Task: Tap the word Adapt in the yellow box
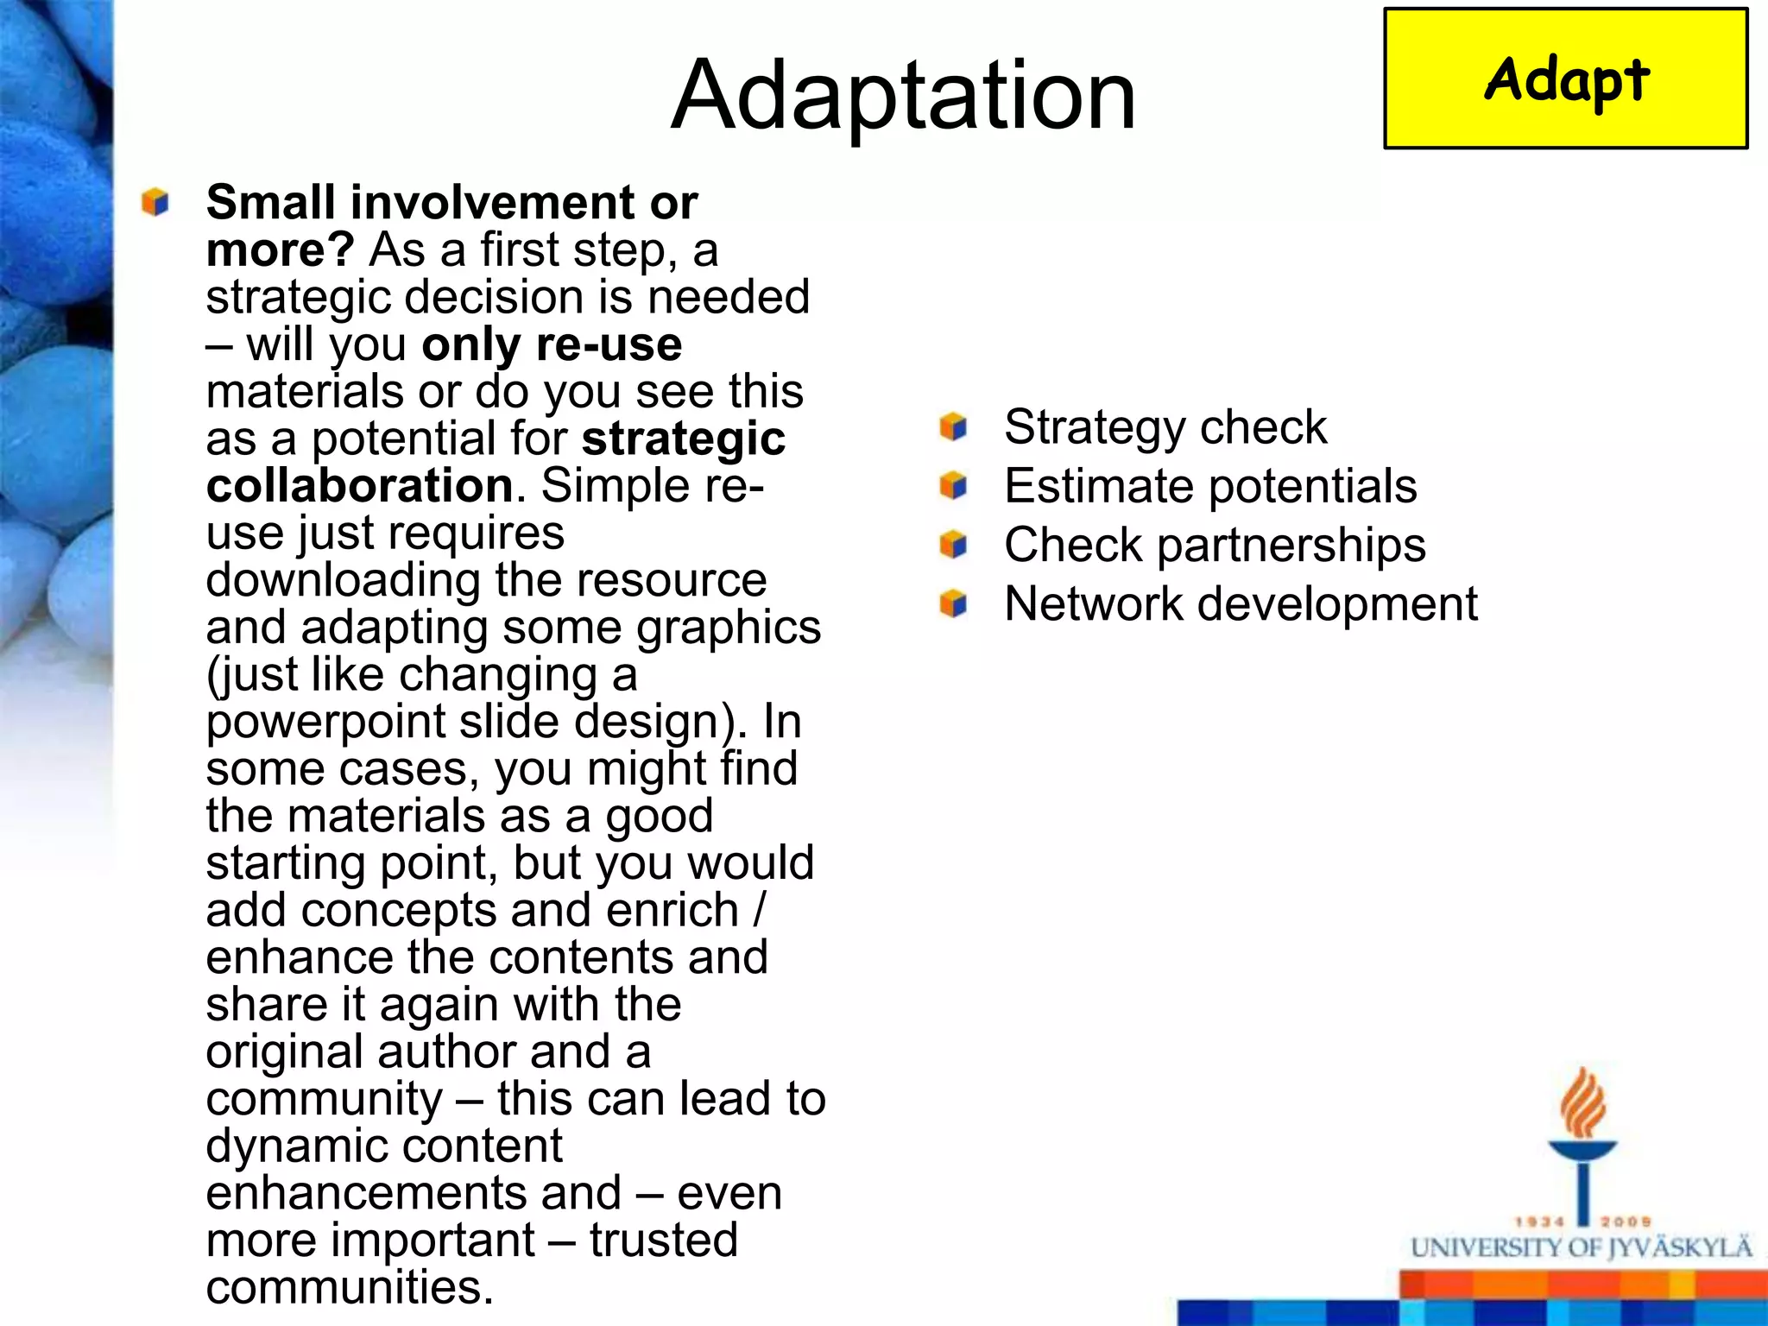[1566, 79]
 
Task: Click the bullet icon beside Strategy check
[953, 426]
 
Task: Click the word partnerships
[1291, 546]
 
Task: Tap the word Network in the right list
[1093, 603]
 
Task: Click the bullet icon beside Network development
[953, 603]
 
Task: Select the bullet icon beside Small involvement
[155, 202]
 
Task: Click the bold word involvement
[493, 203]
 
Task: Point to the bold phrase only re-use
[552, 344]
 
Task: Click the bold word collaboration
[360, 486]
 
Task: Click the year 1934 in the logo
[1540, 1222]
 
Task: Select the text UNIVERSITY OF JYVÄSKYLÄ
[1582, 1248]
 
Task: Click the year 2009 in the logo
[1626, 1222]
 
